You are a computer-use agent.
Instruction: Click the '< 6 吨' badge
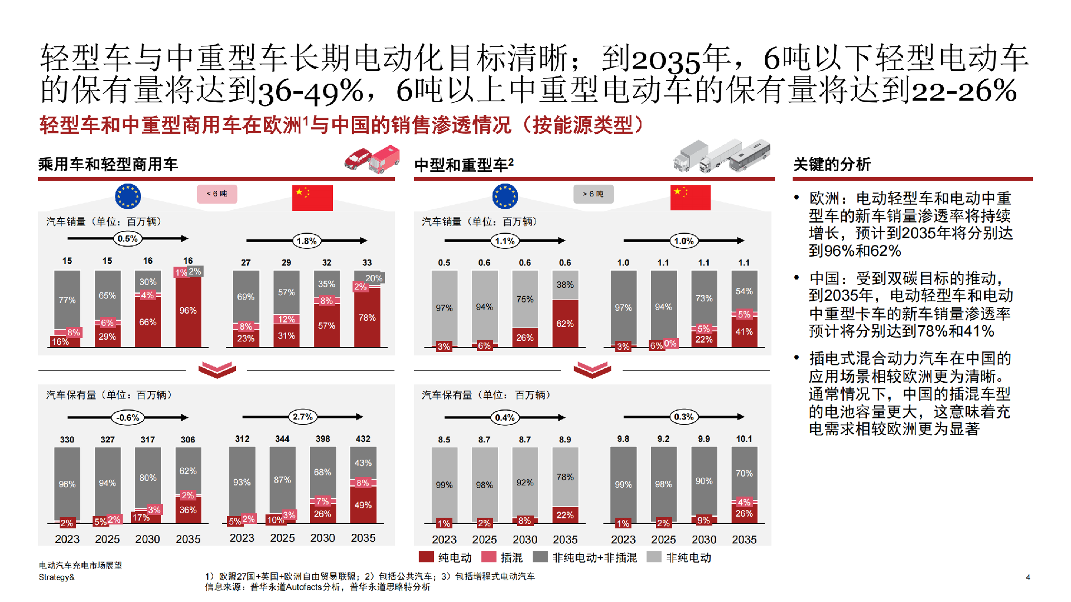pos(217,194)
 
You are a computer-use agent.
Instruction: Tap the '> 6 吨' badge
pos(593,194)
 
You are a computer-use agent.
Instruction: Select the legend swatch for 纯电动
pos(426,557)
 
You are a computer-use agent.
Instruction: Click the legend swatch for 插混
pos(489,557)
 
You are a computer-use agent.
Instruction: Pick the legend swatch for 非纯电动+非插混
pos(540,557)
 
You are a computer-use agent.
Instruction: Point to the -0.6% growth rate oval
pos(128,417)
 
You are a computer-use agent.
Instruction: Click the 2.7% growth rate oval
pos(303,417)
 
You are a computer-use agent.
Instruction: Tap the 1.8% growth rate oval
pos(307,241)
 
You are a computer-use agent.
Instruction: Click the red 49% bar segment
pos(363,505)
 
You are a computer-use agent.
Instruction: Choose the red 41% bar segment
pos(744,333)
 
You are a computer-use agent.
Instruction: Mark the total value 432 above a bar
pos(363,439)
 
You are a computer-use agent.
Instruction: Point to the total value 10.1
pos(744,439)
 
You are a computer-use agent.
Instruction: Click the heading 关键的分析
pos(832,164)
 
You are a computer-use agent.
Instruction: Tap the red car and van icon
pos(372,159)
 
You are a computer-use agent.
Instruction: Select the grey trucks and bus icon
pos(722,156)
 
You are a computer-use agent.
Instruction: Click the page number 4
pos(1028,577)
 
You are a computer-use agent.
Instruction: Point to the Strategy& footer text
pos(56,577)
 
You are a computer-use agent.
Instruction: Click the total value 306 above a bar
pos(188,440)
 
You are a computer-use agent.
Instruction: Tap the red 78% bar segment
pos(367,318)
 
